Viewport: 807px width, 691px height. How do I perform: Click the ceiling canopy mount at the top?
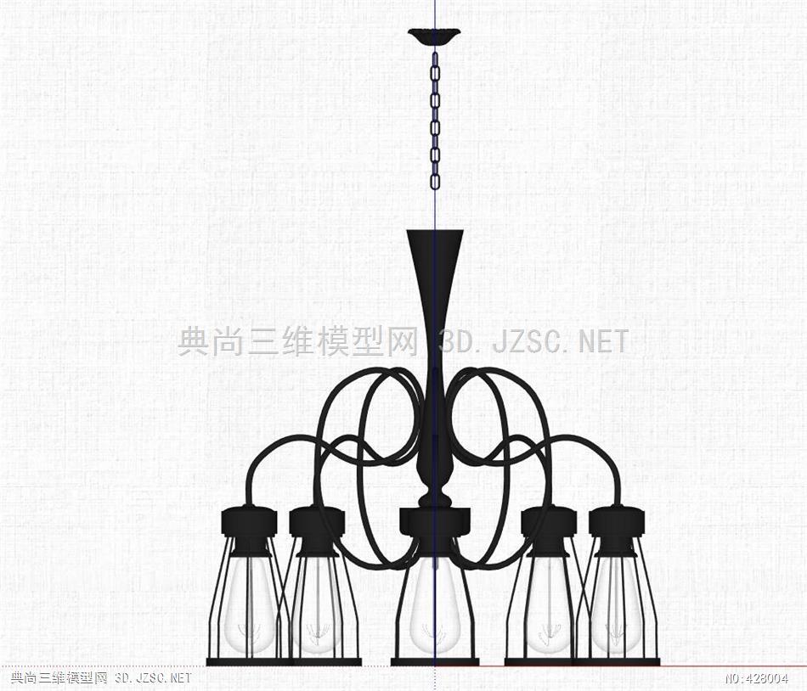pyautogui.click(x=434, y=37)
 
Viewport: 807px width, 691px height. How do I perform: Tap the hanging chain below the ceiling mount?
pyautogui.click(x=435, y=120)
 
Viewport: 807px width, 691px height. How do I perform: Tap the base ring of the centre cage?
pyautogui.click(x=435, y=661)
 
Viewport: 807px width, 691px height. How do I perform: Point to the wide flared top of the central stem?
pyautogui.click(x=435, y=242)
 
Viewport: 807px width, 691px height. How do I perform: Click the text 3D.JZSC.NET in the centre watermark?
pyautogui.click(x=533, y=342)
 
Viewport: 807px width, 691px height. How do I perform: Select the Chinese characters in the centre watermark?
pyautogui.click(x=297, y=342)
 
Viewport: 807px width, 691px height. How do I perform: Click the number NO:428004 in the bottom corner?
pyautogui.click(x=757, y=678)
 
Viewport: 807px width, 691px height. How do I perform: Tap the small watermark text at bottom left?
pyautogui.click(x=101, y=678)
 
